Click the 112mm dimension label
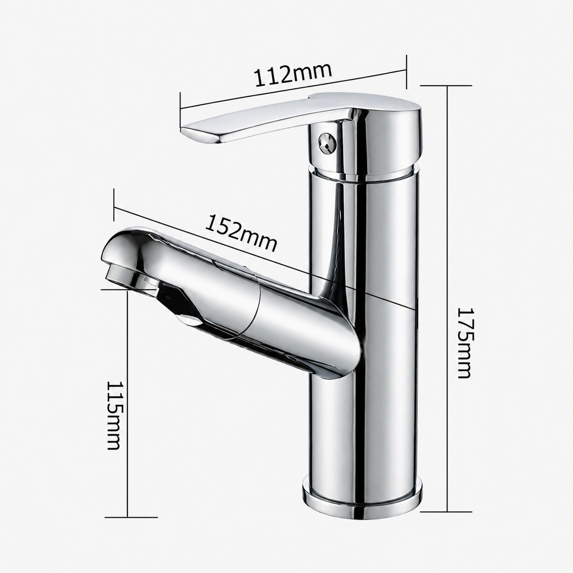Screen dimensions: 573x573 point(293,74)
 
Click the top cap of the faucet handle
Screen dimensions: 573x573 point(366,103)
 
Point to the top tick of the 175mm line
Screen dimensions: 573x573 point(446,85)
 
